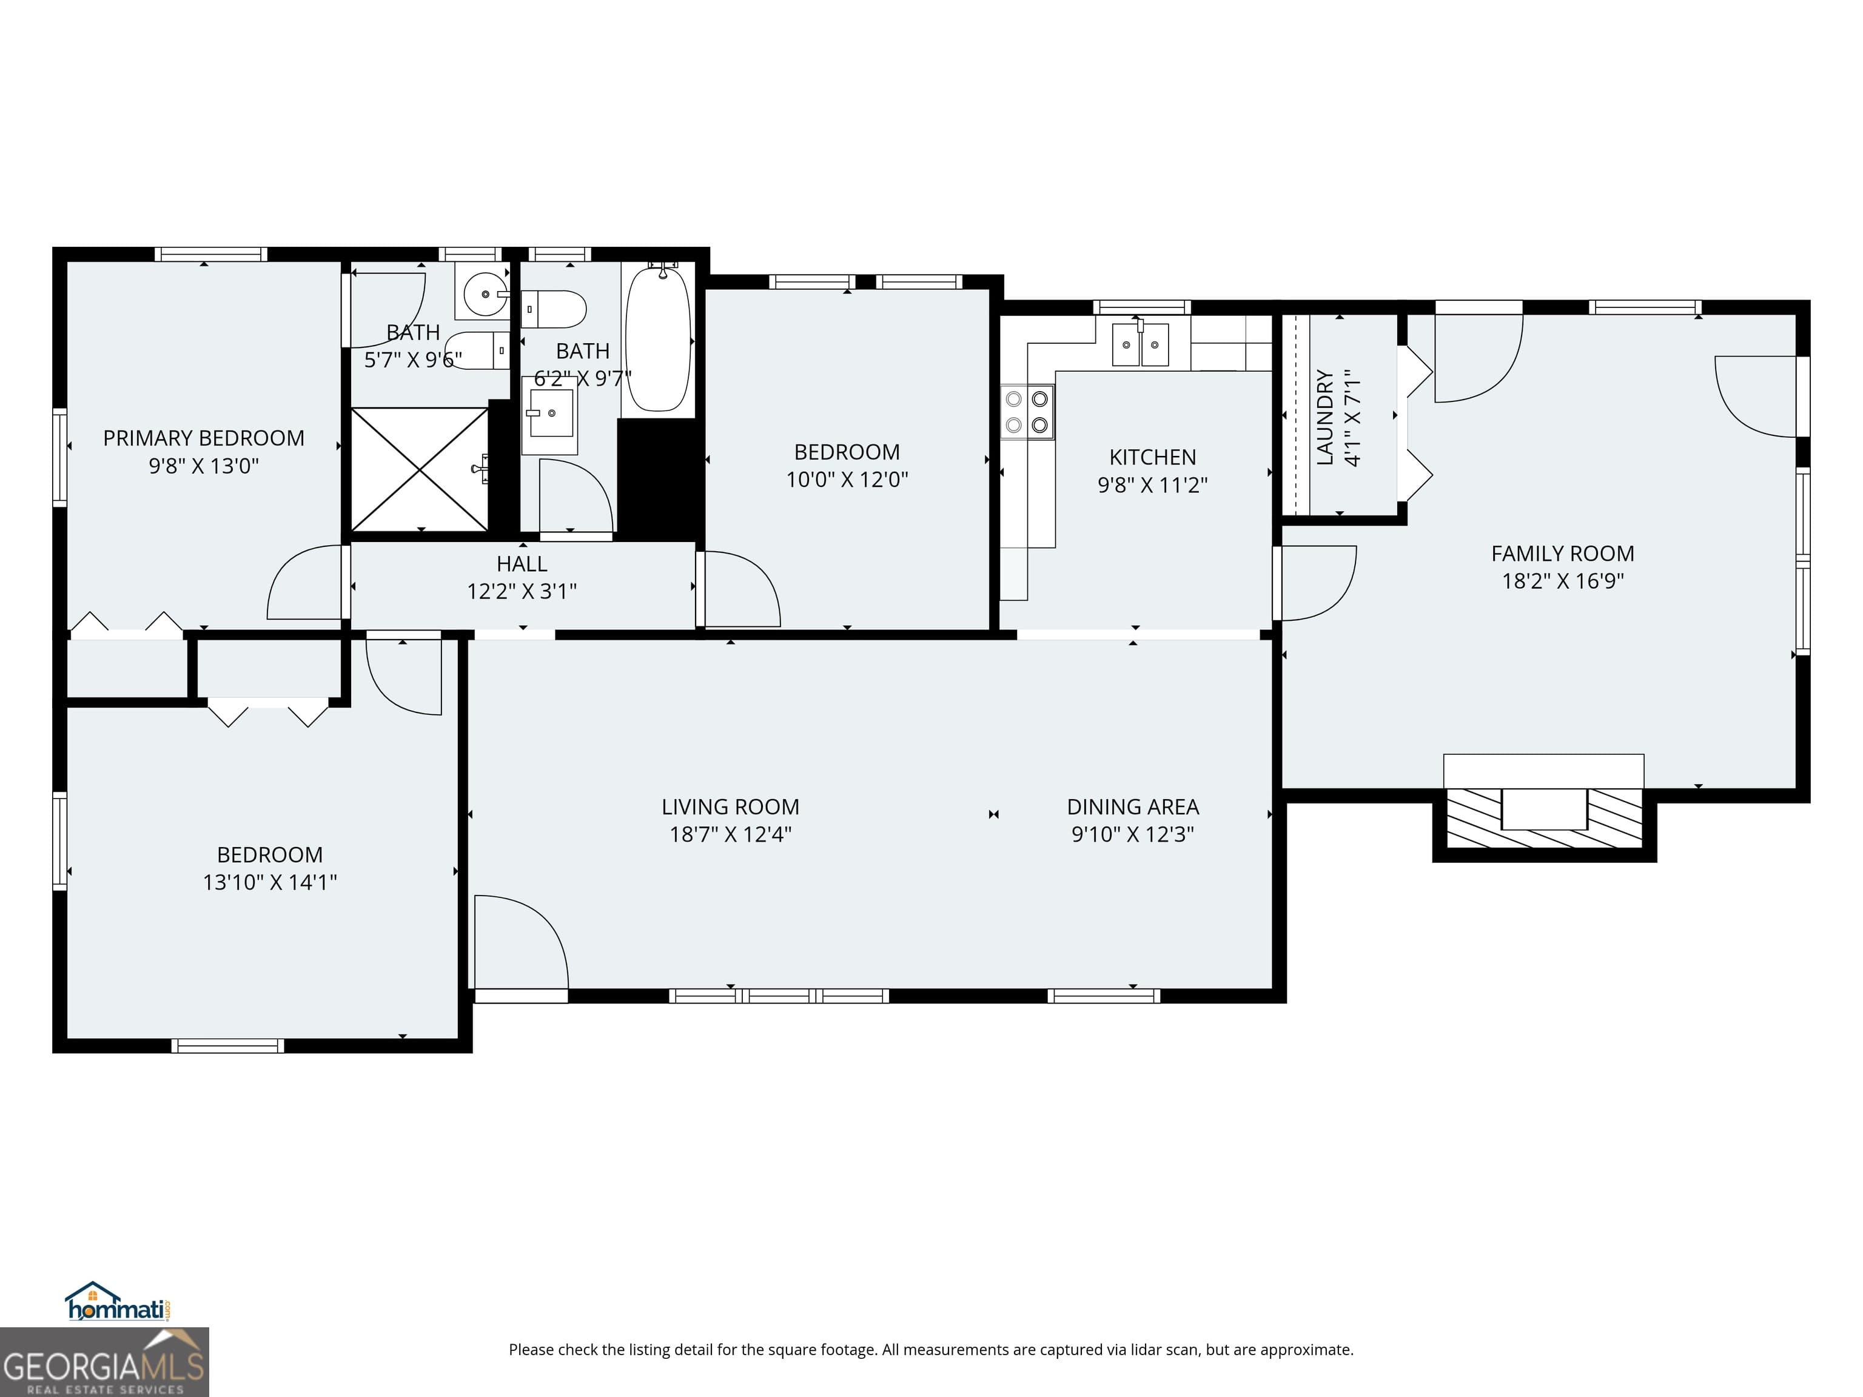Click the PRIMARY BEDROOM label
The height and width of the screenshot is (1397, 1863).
203,438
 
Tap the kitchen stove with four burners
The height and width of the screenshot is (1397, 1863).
1027,412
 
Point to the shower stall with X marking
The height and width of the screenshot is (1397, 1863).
420,469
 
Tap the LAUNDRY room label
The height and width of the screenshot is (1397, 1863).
1326,417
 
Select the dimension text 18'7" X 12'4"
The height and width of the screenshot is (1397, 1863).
730,834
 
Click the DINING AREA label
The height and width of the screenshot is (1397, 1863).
1133,806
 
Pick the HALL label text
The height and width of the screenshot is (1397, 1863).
522,563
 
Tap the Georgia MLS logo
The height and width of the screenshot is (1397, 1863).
104,1362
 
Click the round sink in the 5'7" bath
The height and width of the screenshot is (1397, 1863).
485,294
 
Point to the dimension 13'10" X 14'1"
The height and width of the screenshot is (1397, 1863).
269,882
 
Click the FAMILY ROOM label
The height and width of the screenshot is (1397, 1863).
1562,553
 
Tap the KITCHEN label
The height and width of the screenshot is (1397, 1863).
1152,457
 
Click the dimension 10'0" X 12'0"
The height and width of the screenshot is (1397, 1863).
847,479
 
